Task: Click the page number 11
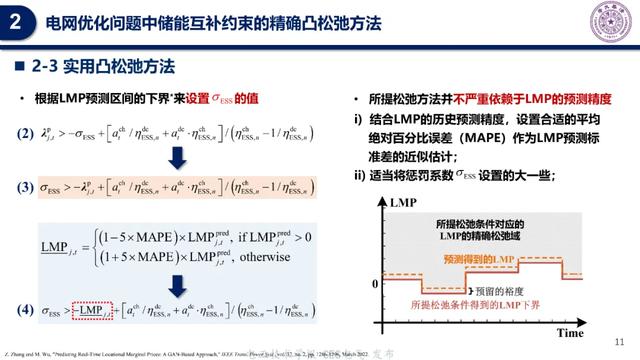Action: point(619,340)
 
